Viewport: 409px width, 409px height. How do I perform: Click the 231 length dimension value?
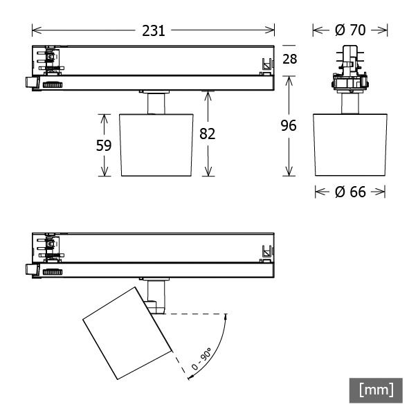click(x=154, y=30)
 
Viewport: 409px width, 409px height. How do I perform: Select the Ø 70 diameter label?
click(x=349, y=30)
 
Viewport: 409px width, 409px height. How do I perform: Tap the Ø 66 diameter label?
click(x=349, y=192)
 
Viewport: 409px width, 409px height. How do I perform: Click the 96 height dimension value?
click(x=289, y=125)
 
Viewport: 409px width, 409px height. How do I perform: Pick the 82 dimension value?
click(x=207, y=134)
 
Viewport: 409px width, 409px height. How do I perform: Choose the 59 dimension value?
click(x=104, y=145)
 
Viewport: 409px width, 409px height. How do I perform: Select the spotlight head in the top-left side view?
click(x=156, y=145)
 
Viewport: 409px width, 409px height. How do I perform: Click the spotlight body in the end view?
click(x=349, y=144)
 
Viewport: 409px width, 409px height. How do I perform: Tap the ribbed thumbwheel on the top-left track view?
click(x=51, y=84)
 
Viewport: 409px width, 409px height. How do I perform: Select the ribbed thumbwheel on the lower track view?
click(x=51, y=273)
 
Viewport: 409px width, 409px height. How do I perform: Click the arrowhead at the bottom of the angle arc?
click(x=190, y=377)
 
